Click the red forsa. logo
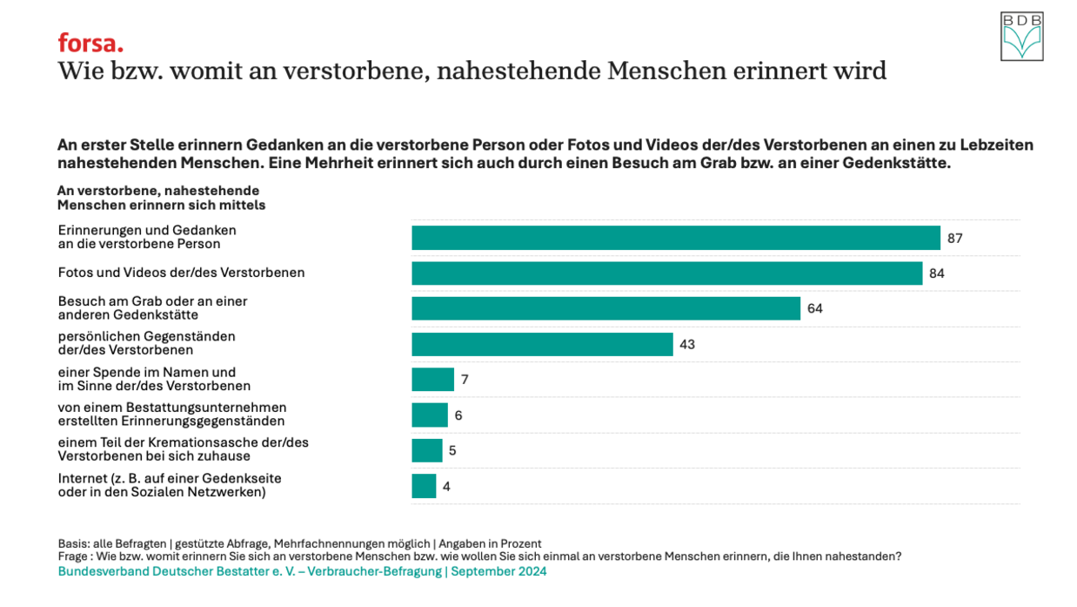(x=90, y=44)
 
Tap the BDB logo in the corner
(x=1021, y=37)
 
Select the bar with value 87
(x=675, y=238)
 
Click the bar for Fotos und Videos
(x=666, y=273)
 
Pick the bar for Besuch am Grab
(x=605, y=308)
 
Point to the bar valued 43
(x=542, y=344)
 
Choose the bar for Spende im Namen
(x=432, y=380)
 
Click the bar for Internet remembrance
(x=424, y=486)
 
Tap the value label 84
(x=937, y=273)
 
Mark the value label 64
(x=815, y=308)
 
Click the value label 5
(x=452, y=450)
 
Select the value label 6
(x=458, y=415)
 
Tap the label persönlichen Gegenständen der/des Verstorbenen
(x=146, y=343)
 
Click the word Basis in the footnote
(x=72, y=543)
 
